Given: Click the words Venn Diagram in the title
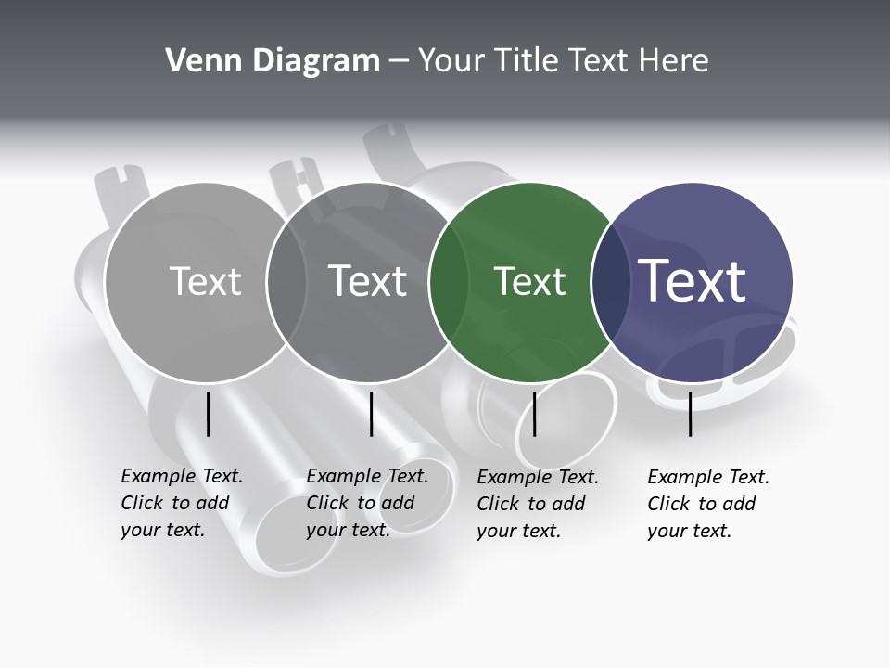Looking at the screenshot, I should click(x=273, y=61).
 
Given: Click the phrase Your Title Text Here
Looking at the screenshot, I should click(x=563, y=61).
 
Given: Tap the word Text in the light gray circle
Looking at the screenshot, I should click(x=205, y=281).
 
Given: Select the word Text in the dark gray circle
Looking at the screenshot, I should click(x=368, y=281).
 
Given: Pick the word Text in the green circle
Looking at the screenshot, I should click(x=529, y=281).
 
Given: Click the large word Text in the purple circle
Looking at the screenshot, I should click(x=693, y=281).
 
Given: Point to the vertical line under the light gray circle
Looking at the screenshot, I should click(x=209, y=414).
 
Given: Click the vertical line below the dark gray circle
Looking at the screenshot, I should click(x=371, y=414).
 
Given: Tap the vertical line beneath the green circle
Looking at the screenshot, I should click(x=534, y=414).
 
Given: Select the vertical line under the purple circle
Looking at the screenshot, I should click(x=691, y=414).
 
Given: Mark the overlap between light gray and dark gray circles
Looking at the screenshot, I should click(x=286, y=281).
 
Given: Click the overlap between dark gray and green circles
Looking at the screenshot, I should click(x=450, y=281).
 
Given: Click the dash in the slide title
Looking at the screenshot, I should click(x=399, y=61).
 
